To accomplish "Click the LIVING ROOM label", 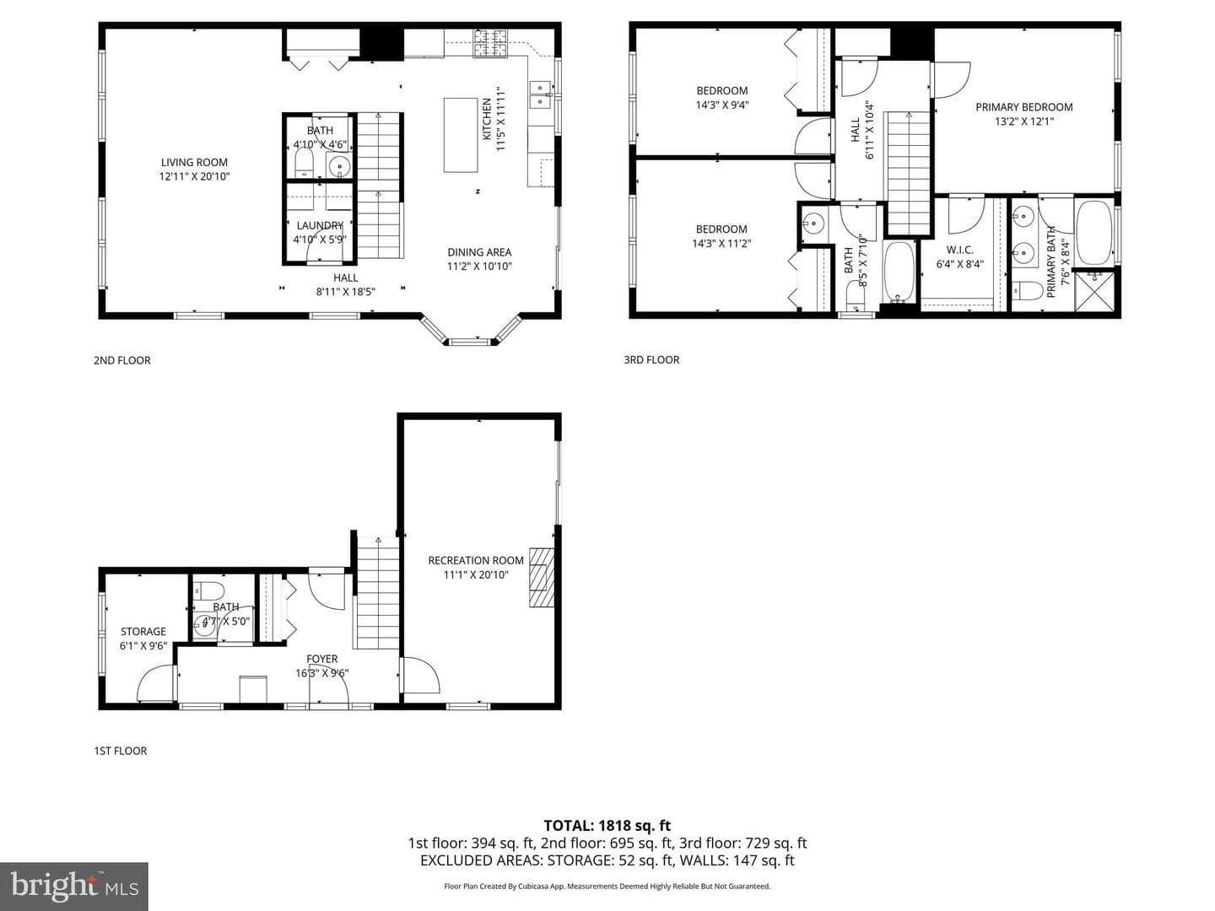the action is (194, 162).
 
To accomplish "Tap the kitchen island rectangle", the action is (461, 135).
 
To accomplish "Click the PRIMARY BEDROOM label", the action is (1023, 107).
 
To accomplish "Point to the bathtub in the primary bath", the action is (1094, 232).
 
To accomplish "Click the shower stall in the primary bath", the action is (1094, 290).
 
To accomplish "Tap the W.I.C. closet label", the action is (959, 250).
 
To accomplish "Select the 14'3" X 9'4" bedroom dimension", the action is (721, 105).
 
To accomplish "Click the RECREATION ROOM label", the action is (476, 560).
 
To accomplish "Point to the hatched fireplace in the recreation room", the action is (542, 578).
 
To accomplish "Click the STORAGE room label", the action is (143, 631).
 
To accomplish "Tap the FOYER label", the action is (321, 659).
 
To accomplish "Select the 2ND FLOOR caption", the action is (121, 360).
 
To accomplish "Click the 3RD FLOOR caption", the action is (651, 359).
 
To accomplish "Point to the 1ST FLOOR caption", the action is (120, 751).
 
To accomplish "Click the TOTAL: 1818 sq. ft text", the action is (607, 825).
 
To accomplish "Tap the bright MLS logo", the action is (74, 886).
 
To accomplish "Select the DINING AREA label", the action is (479, 251).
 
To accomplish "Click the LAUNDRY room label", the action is (320, 225).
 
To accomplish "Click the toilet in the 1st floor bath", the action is (208, 590).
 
